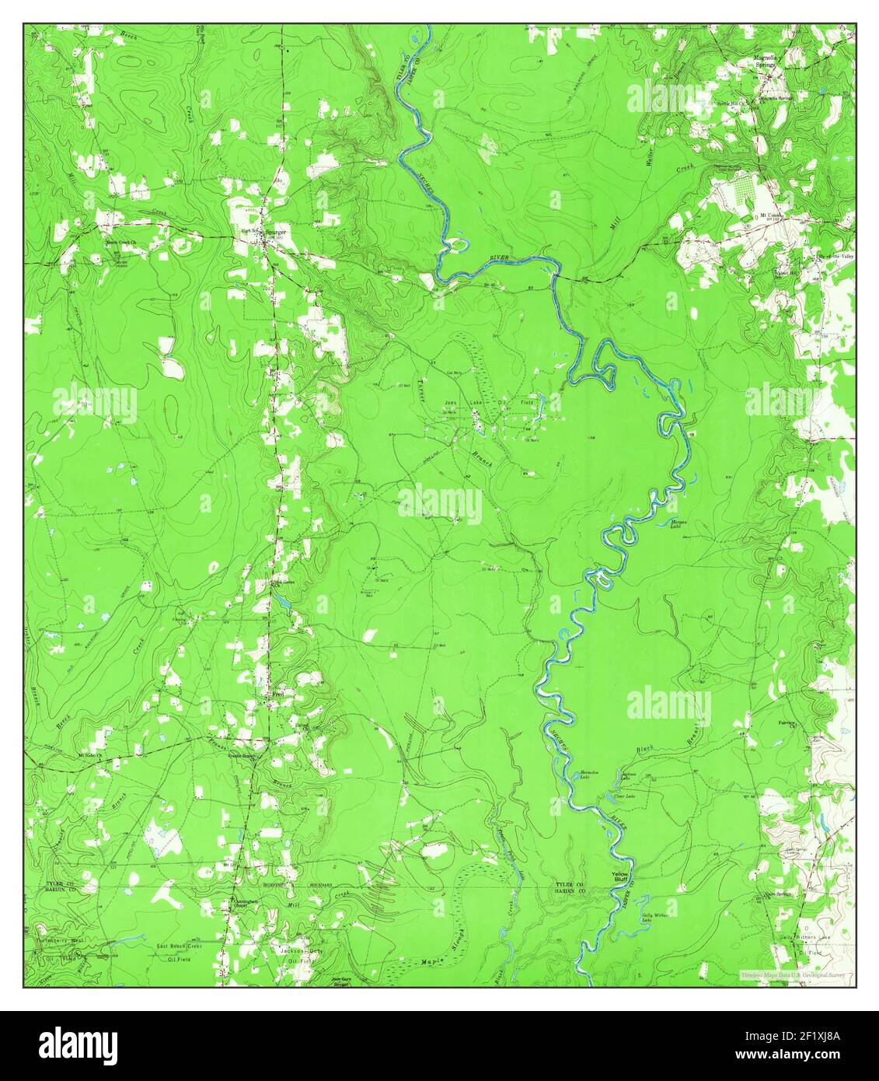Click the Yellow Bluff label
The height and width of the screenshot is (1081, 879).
coord(619,876)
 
